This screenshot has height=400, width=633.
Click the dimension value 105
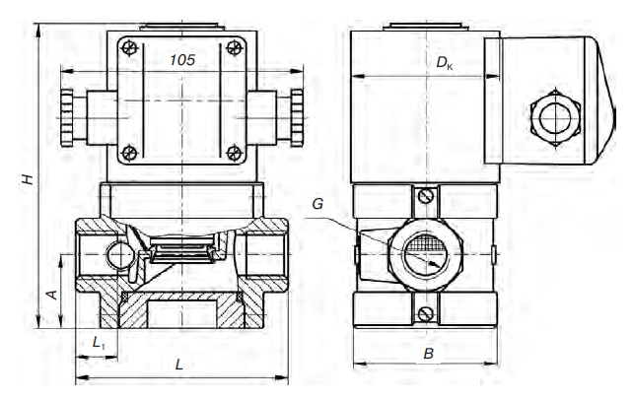(182, 60)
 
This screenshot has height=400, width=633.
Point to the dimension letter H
(28, 179)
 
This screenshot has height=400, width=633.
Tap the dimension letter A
(52, 295)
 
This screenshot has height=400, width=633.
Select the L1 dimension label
(99, 343)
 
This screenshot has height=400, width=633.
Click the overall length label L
(178, 365)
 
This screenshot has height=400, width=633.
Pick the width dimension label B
(428, 354)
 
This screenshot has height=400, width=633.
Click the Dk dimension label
(445, 63)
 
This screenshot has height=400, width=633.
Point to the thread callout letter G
(317, 204)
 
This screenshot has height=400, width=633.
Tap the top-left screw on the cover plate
(129, 48)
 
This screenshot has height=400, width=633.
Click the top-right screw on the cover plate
(234, 47)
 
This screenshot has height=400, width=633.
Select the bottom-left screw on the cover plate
(129, 153)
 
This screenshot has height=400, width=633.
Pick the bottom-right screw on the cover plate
(234, 153)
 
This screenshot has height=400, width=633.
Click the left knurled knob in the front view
(67, 118)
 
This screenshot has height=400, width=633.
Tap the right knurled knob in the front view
(297, 118)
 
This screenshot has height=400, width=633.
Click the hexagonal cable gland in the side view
(555, 118)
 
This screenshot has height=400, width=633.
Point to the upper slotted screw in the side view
(426, 196)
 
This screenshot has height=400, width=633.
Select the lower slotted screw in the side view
(426, 313)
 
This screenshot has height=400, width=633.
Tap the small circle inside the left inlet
(120, 255)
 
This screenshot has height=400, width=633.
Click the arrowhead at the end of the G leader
(435, 264)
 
